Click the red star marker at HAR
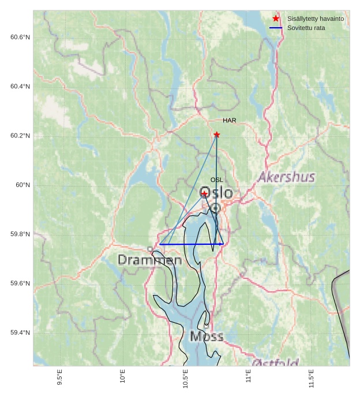tap(216, 135)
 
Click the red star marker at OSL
tap(204, 193)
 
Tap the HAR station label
tap(230, 121)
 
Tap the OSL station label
tap(216, 180)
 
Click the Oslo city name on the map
tap(216, 193)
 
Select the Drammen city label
tap(150, 260)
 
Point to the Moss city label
tap(206, 336)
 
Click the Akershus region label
tap(286, 177)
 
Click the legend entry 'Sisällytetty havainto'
tap(316, 19)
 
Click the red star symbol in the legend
tap(276, 18)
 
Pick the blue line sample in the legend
tap(276, 28)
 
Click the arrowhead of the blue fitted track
tap(222, 244)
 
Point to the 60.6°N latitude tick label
tap(20, 38)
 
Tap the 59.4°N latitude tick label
tap(20, 333)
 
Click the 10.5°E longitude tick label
tap(186, 376)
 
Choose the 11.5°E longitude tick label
tap(312, 376)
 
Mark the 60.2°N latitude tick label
tap(20, 136)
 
